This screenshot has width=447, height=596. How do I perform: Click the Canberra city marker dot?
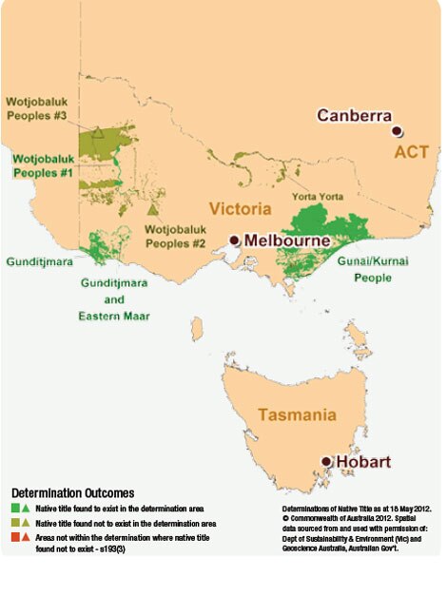coord(398,131)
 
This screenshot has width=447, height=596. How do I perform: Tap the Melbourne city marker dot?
coord(234,240)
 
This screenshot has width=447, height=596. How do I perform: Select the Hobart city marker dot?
coord(327,462)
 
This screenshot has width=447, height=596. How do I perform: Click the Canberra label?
coord(355,116)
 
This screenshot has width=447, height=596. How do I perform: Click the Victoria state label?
coord(234,208)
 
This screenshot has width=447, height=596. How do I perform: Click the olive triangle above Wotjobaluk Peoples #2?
coord(153,208)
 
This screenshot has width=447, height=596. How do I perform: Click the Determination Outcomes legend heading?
coord(73,493)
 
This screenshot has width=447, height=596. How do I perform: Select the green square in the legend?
coord(15,510)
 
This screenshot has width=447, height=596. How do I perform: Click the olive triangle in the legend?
coord(26,524)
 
